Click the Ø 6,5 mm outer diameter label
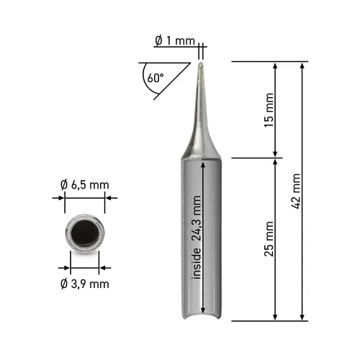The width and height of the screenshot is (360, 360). click(85, 185)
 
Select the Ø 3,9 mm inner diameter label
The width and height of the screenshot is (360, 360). click(85, 283)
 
